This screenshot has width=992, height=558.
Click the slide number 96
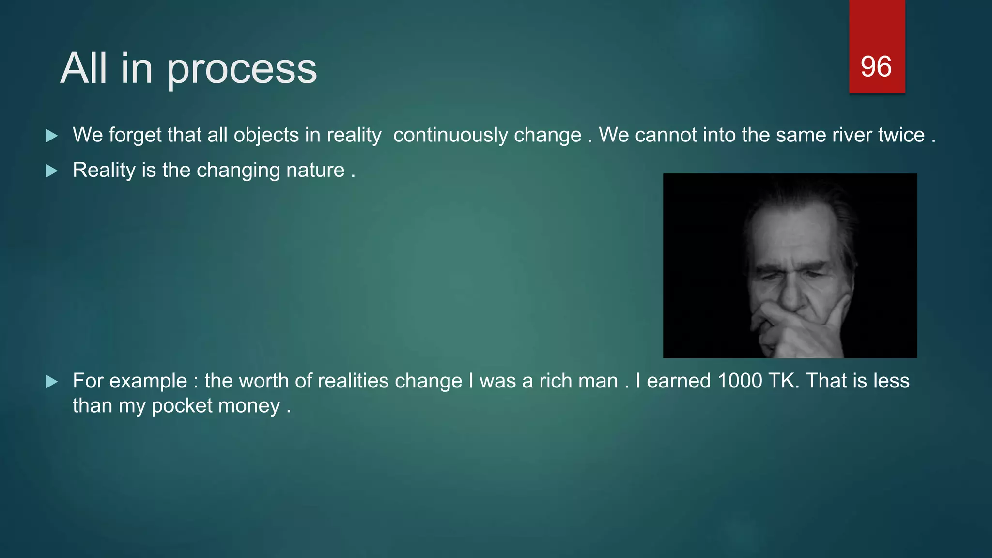pyautogui.click(x=876, y=67)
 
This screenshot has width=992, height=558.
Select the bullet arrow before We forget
pyautogui.click(x=51, y=136)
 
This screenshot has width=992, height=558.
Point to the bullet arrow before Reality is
pyautogui.click(x=51, y=171)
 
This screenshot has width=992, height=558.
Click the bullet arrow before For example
pyautogui.click(x=51, y=382)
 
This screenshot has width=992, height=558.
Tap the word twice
pyautogui.click(x=901, y=135)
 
